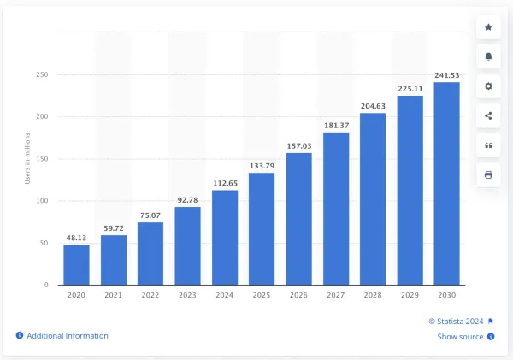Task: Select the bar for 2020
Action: coord(76,264)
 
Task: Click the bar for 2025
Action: coord(262,228)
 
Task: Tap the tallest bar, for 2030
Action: coord(446,183)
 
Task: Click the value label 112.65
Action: coord(225,182)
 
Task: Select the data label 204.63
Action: coord(373,105)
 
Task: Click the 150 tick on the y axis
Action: coord(42,159)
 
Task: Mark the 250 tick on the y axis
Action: coord(42,75)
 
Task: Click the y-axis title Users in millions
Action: coord(27,158)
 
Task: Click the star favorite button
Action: coord(488,27)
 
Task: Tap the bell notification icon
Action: coord(488,56)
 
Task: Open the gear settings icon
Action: coord(488,86)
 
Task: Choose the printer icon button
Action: coord(488,174)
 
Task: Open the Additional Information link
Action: coord(67,336)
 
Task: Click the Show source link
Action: coord(460,337)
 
